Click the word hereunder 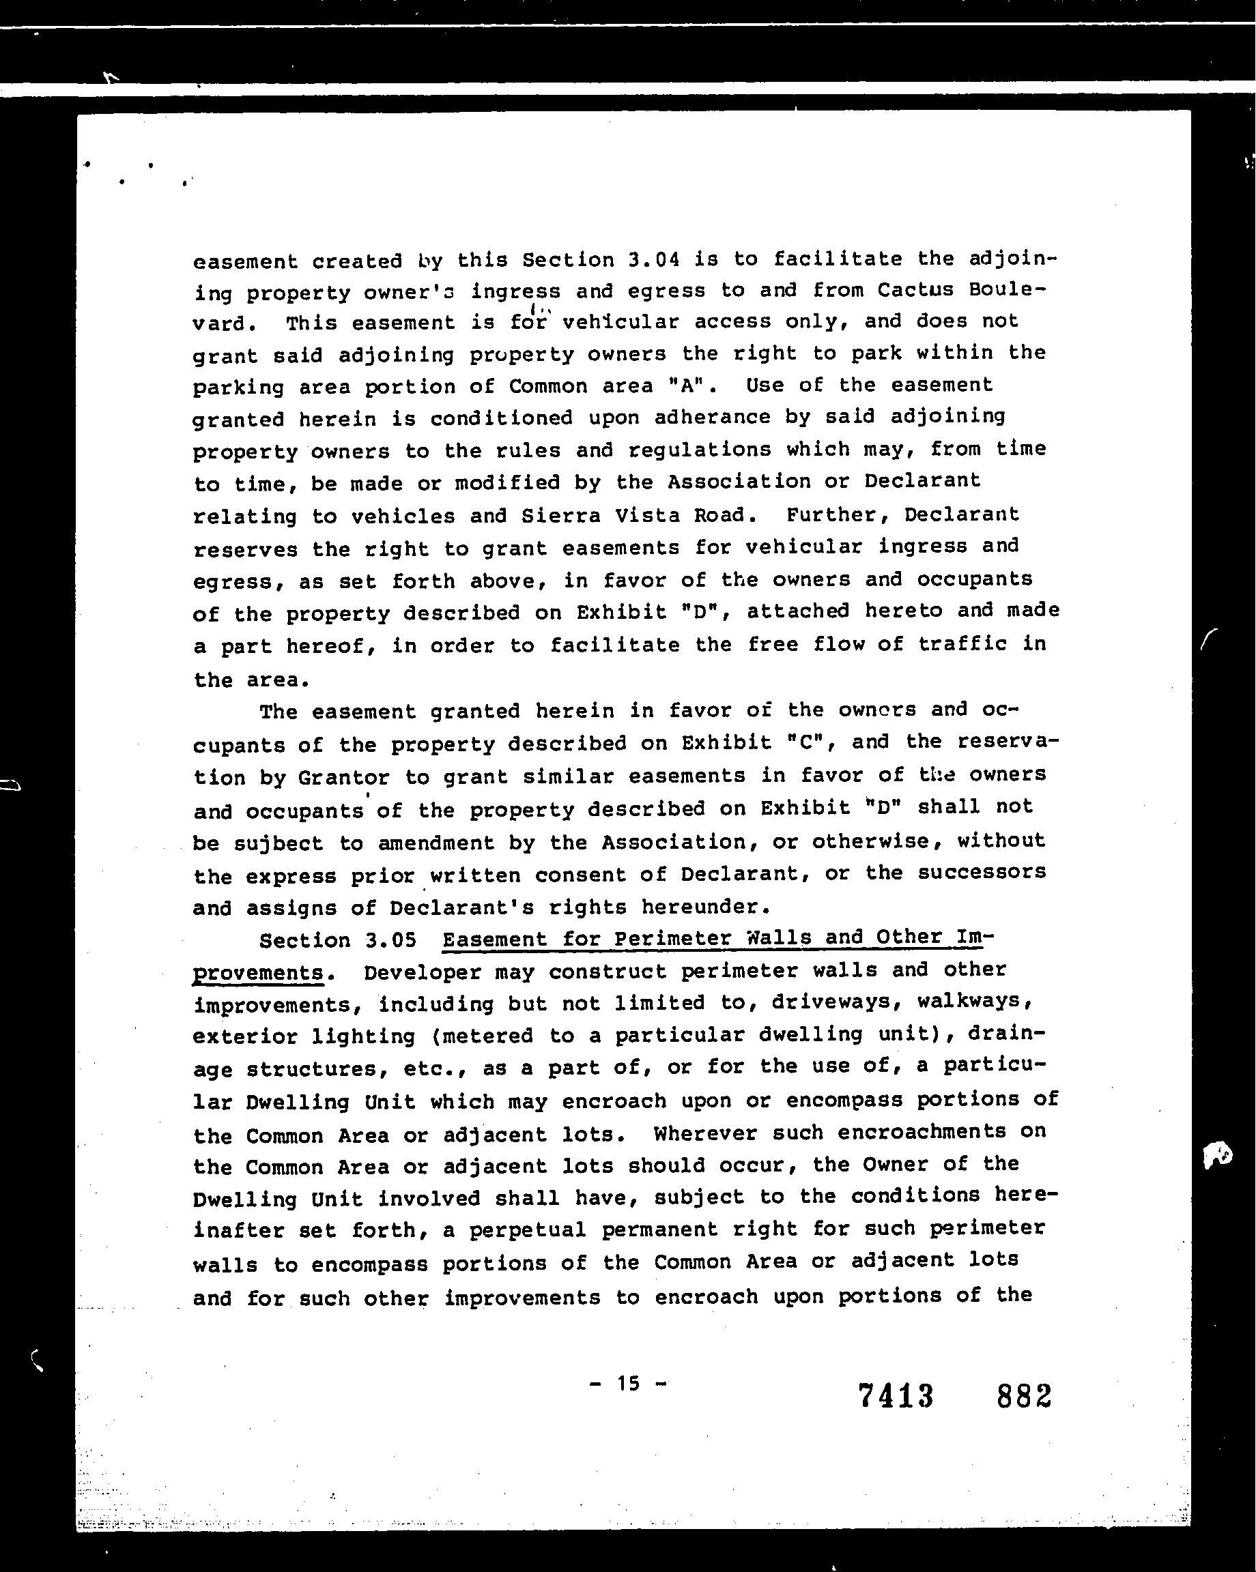(705, 907)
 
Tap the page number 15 (627, 1383)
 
